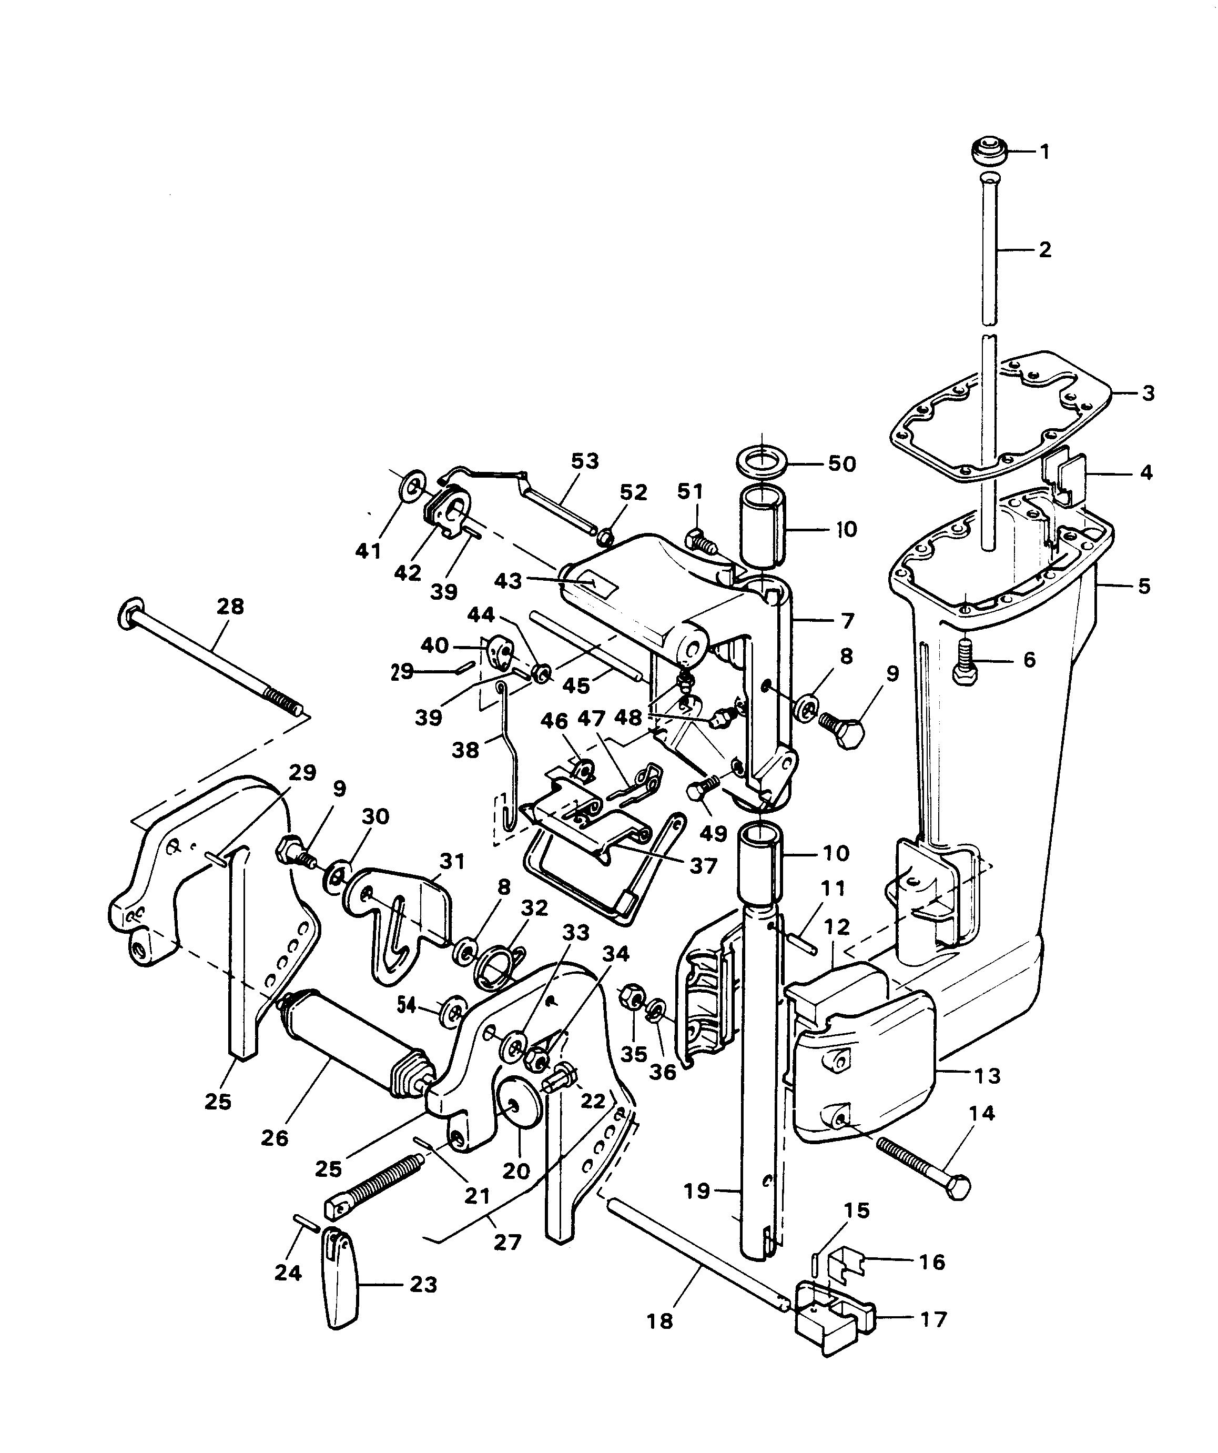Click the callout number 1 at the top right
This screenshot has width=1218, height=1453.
1045,151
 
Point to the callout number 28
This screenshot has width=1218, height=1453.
230,606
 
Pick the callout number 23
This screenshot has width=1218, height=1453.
423,1285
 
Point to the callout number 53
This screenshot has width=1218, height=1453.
584,461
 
